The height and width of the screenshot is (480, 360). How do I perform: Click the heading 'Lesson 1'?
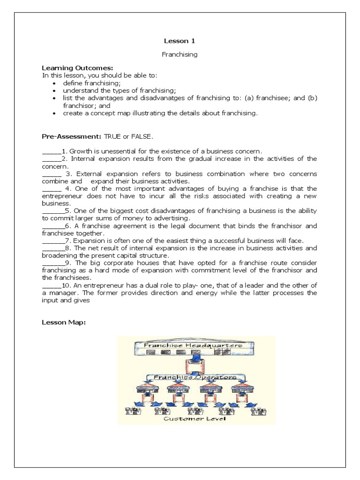180,41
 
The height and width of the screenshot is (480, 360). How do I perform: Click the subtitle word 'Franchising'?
180,54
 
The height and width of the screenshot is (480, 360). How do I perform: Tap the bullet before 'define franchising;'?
55,82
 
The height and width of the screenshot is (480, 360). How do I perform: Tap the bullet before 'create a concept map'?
55,113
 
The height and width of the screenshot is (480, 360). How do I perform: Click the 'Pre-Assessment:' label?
68,136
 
